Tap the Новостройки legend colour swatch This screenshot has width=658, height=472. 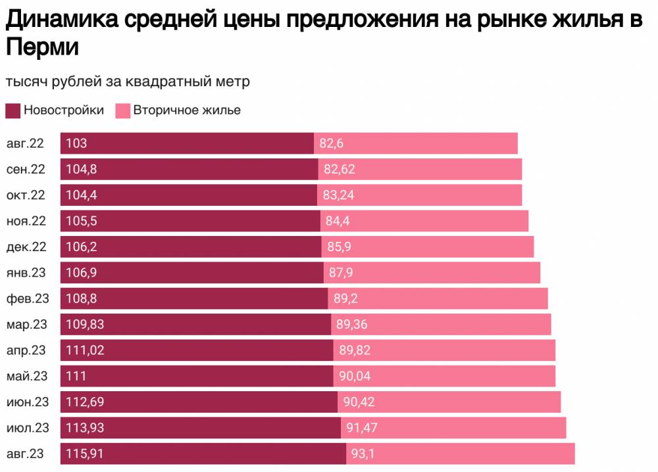[13, 110]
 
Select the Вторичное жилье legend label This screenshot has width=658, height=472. [187, 110]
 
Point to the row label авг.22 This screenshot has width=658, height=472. [26, 143]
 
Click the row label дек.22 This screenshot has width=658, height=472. [26, 247]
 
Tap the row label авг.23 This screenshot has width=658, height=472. [26, 454]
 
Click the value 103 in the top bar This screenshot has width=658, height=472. [76, 143]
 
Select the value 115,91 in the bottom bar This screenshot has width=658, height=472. [85, 454]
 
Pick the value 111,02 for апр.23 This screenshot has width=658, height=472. [85, 350]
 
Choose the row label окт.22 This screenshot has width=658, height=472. [26, 195]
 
